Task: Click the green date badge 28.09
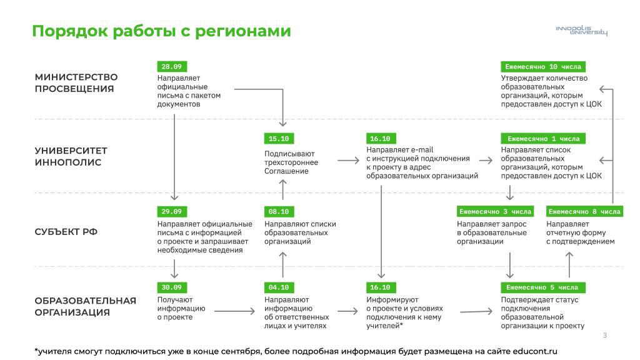[x=172, y=66]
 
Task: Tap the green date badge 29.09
[x=172, y=211]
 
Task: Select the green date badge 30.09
[x=172, y=287]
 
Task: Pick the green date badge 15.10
[x=279, y=138]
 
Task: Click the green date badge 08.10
[x=279, y=211]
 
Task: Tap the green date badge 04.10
[x=279, y=287]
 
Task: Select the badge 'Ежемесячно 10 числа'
[x=543, y=66]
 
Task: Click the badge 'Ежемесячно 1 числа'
[x=543, y=138]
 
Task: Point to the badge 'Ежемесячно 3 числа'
[x=495, y=211]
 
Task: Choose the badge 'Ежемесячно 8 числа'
[x=584, y=211]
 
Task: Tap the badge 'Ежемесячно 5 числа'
[x=543, y=287]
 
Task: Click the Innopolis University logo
[x=582, y=31]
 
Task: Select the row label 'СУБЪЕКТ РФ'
[x=66, y=232]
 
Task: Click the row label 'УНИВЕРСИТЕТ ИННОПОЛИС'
[x=71, y=156]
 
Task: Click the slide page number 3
[x=605, y=335]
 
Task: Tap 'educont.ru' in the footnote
[x=535, y=351]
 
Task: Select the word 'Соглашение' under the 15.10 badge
[x=286, y=171]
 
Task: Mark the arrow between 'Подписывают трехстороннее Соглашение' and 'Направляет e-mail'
[x=348, y=161]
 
